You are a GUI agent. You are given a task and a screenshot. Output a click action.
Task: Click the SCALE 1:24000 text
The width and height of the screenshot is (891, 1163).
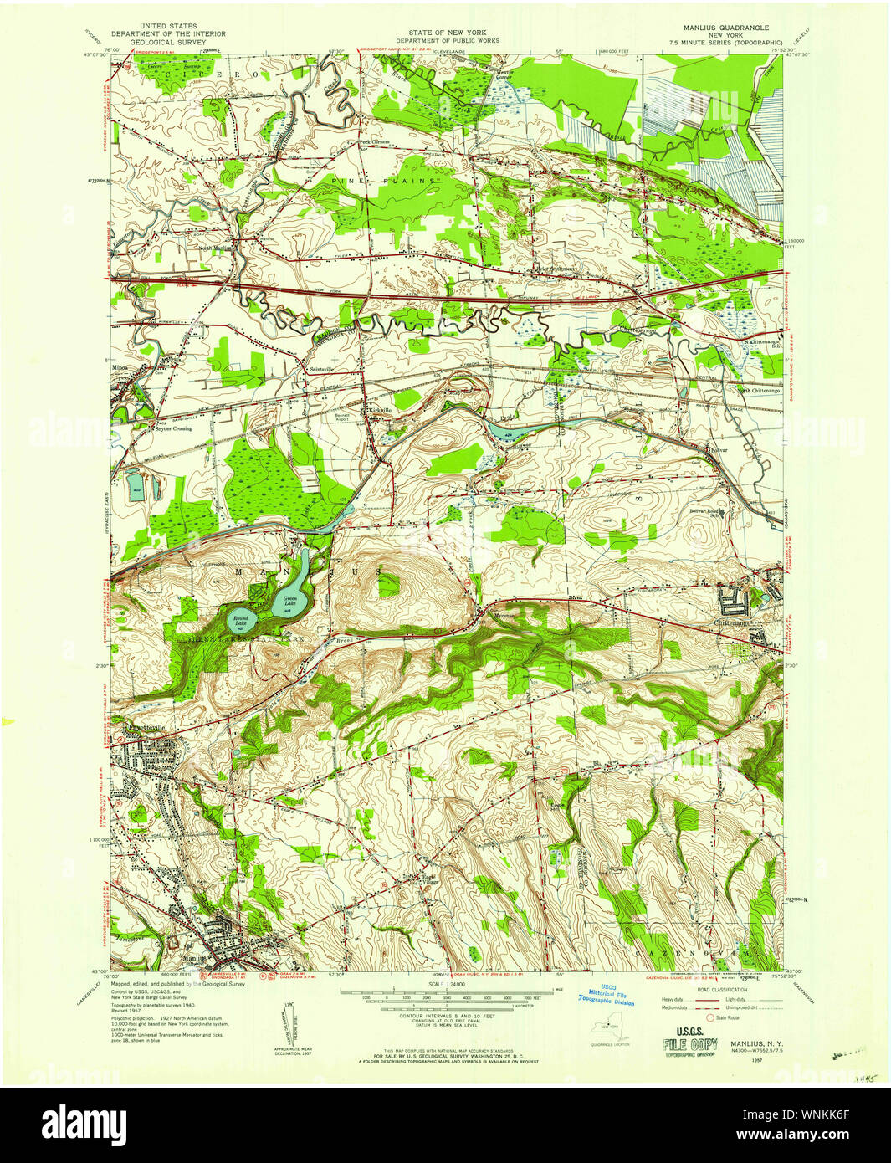447,985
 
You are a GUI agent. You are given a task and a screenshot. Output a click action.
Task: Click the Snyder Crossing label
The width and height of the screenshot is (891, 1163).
172,428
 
